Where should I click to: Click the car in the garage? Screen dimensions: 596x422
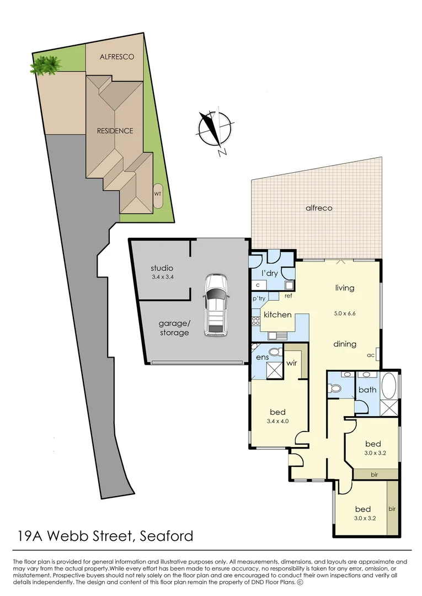[215, 306]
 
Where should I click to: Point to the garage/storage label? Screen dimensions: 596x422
[174, 328]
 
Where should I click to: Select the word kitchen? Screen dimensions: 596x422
[277, 315]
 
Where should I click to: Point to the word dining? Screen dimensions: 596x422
[344, 344]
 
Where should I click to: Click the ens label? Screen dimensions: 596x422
[261, 358]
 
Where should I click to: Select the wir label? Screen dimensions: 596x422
[292, 364]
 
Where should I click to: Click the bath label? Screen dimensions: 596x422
[367, 390]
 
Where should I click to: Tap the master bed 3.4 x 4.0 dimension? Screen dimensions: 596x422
[277, 421]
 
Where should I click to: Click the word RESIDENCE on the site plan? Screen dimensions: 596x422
[115, 131]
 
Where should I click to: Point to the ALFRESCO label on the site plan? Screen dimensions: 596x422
[116, 57]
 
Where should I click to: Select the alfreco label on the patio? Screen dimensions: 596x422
[320, 208]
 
